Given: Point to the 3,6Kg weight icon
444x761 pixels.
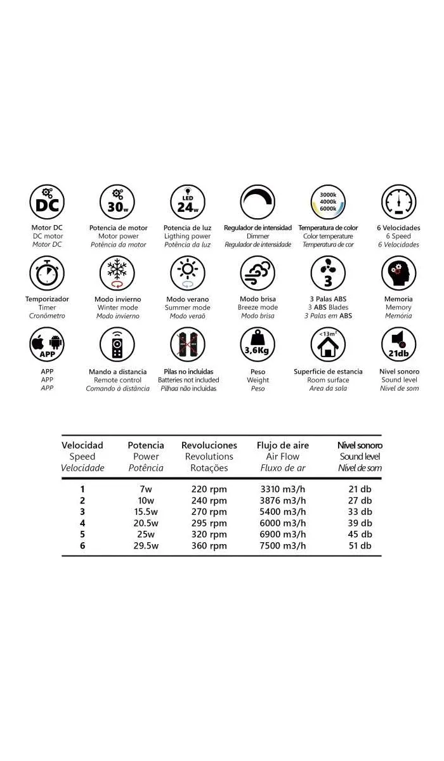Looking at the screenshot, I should (258, 345).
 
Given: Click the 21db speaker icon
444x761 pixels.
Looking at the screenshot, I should (398, 345).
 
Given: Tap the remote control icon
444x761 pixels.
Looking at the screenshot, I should (117, 345).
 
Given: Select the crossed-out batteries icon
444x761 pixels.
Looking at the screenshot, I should (187, 345).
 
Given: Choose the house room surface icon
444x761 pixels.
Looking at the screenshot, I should (328, 345).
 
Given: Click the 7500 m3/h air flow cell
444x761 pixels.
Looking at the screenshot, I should (283, 546).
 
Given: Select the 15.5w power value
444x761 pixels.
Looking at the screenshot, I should (145, 512).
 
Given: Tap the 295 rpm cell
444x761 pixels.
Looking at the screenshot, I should (209, 523).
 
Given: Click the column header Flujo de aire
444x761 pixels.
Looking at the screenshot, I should (283, 445).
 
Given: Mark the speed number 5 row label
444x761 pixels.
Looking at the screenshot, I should (82, 535).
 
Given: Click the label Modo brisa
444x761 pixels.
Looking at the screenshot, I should (258, 299).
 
